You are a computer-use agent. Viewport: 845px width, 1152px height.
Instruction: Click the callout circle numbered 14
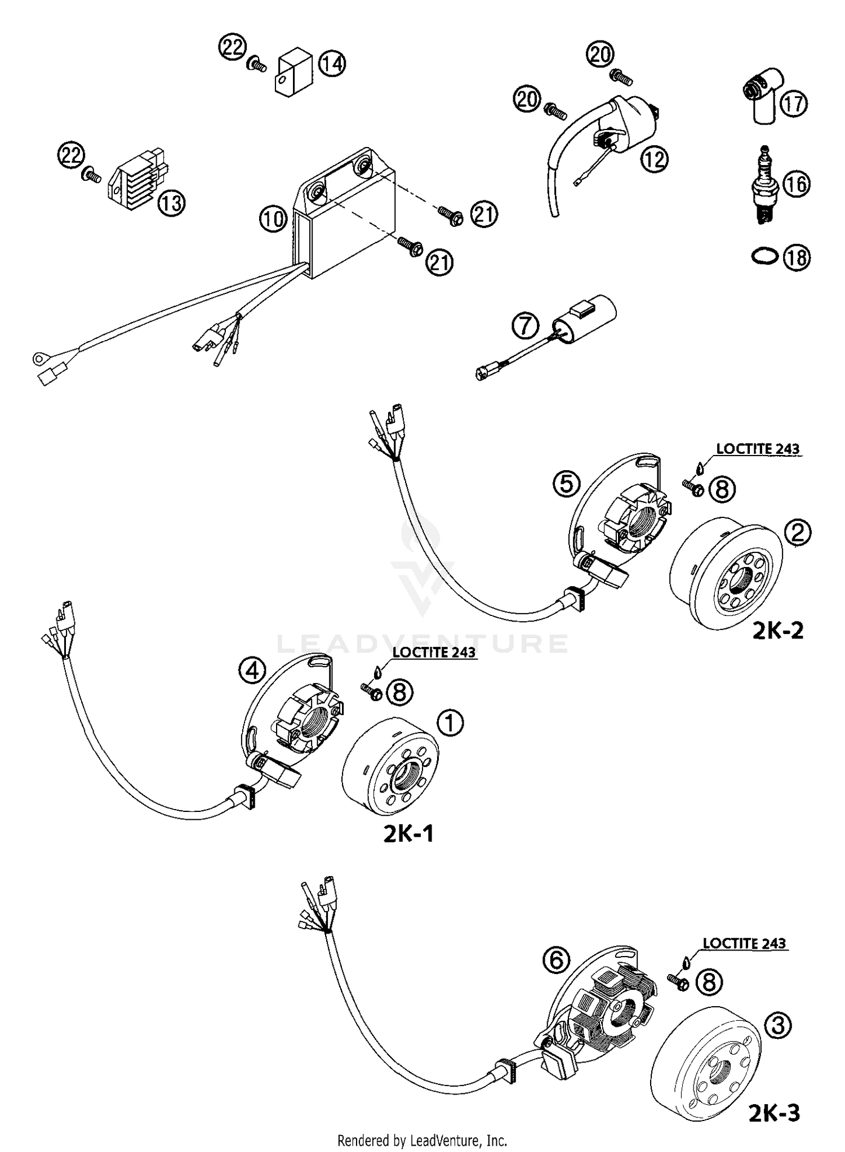coord(332,64)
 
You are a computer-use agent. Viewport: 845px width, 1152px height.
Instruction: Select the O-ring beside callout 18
coord(764,257)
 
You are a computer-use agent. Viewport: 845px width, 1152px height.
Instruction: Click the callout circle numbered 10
coord(273,218)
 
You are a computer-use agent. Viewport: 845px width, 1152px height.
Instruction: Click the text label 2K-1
coord(408,834)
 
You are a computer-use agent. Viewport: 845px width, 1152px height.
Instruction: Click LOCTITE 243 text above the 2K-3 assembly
coord(744,943)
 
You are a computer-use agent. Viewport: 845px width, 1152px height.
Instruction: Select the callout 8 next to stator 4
coord(399,691)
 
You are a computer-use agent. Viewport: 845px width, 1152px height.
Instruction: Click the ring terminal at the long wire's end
coord(39,357)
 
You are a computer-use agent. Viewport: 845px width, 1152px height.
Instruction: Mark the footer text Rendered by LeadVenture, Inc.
coord(422,1141)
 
